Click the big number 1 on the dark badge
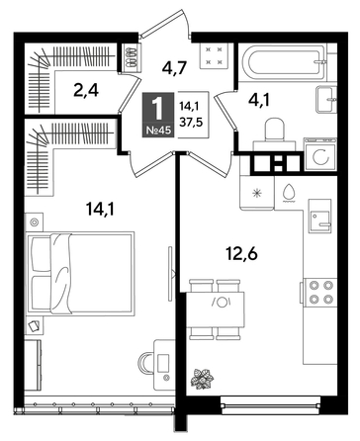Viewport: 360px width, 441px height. pos(155,106)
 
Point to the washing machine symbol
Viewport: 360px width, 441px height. pos(319,157)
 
